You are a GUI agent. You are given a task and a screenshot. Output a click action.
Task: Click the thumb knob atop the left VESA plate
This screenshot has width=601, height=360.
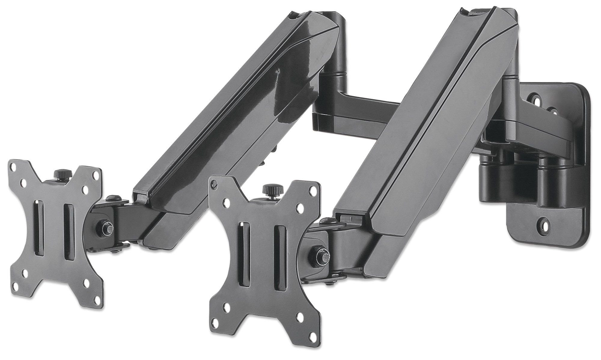63,174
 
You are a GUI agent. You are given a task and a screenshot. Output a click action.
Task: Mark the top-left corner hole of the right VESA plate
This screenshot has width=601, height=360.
214,185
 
